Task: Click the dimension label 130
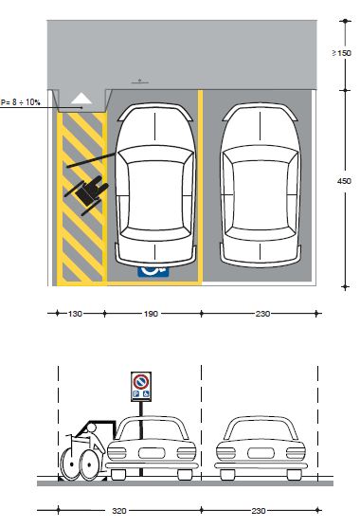coord(75,314)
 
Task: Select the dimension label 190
coord(151,314)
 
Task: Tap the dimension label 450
coord(344,181)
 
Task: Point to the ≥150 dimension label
coord(341,53)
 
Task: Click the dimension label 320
coord(119,511)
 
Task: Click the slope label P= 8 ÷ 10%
coord(20,102)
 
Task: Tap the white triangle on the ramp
coord(81,99)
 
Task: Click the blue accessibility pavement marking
coord(153,271)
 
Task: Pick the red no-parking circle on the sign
coord(141,381)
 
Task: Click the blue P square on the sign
coord(136,393)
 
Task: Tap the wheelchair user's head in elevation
coord(91,428)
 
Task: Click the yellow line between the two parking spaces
coord(200,188)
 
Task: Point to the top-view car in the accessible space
coord(155,185)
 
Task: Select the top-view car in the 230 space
coord(261,185)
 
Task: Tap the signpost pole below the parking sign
coord(141,439)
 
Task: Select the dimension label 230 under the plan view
coord(262,314)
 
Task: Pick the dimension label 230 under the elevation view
coord(259,511)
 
